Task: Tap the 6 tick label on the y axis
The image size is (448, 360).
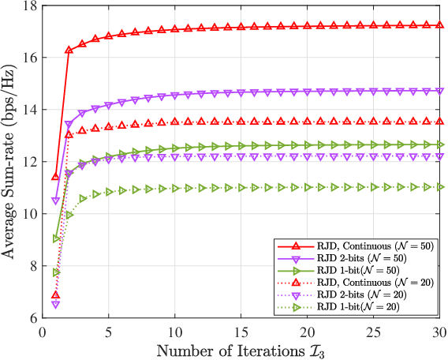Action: (x=32, y=317)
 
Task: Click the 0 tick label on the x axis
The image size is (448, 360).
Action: (x=43, y=332)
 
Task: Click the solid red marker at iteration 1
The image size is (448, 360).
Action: (x=56, y=177)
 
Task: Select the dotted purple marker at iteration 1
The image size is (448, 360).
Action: (x=56, y=304)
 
